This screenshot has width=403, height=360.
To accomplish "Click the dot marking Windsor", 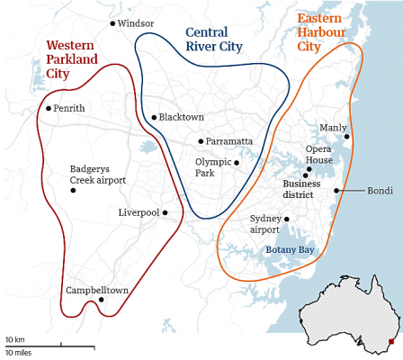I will point(112,23).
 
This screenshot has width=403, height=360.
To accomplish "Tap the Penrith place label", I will point(69,108).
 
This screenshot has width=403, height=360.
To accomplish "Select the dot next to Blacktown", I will point(154,117).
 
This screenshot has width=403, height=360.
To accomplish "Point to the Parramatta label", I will point(229,141).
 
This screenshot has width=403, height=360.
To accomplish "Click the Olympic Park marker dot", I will point(237,163).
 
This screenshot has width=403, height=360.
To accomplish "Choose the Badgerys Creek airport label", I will point(97,175).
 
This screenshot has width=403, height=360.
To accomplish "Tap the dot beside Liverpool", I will point(166,212).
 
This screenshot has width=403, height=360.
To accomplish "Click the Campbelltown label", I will point(97,290).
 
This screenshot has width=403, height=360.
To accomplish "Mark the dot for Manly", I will point(346,136).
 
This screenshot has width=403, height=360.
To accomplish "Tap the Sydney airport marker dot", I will point(287,219).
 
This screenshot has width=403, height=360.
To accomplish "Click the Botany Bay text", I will point(290,249).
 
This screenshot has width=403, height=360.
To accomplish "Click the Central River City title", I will point(214,40).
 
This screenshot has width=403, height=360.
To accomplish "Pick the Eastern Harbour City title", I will point(328,31).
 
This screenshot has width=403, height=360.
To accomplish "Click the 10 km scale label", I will point(14,339).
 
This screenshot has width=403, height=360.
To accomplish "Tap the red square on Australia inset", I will point(391,343).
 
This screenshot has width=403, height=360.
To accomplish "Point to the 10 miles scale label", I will point(18,352).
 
